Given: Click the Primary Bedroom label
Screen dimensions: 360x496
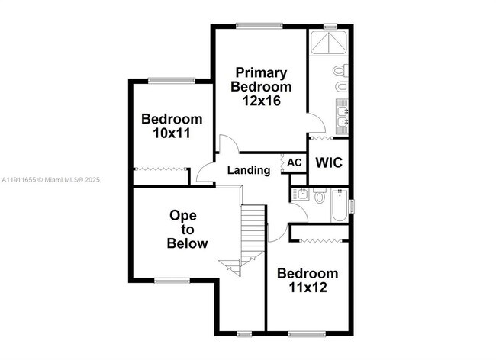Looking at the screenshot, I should click(x=259, y=80).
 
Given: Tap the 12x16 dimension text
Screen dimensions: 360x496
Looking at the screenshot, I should click(x=259, y=100).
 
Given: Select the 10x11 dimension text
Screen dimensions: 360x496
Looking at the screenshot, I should click(x=172, y=133).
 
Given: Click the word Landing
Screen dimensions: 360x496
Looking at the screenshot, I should click(x=249, y=170).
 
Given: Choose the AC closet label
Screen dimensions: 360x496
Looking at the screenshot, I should click(x=294, y=163).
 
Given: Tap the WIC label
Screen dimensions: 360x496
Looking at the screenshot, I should click(x=328, y=162).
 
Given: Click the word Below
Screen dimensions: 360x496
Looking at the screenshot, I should click(x=187, y=243).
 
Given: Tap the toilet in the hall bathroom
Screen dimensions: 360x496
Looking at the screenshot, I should click(x=318, y=197).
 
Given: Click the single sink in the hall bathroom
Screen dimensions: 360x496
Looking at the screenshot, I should click(x=301, y=195).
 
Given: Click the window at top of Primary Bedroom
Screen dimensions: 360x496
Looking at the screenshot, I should click(x=259, y=25).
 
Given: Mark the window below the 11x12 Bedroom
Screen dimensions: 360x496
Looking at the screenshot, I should click(x=308, y=333).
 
